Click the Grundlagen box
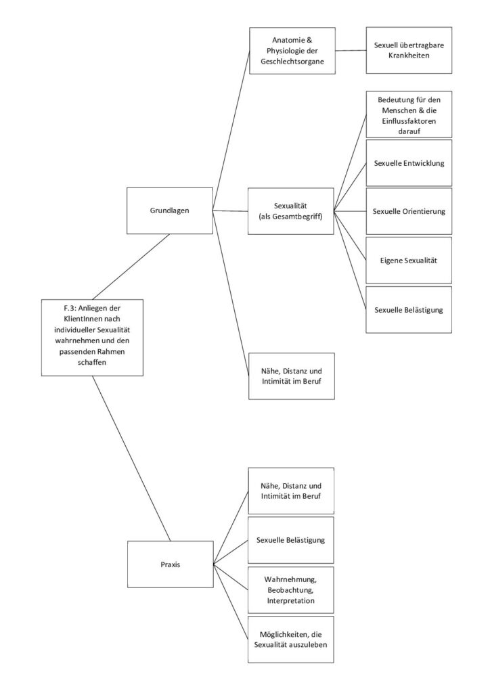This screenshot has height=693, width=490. (170, 210)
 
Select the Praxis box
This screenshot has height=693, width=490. (170, 564)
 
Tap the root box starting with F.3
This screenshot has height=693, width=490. (92, 338)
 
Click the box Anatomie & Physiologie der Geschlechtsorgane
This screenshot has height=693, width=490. (292, 50)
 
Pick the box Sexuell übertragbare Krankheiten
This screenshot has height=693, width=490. (409, 50)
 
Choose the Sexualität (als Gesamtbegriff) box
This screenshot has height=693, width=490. (291, 211)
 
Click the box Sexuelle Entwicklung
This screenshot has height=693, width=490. (409, 163)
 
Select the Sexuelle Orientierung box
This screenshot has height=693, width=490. (409, 211)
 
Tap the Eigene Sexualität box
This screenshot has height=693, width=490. (409, 261)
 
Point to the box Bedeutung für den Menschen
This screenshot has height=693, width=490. (409, 115)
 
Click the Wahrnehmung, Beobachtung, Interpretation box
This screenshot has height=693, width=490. (291, 590)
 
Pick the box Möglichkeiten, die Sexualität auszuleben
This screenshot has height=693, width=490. (291, 640)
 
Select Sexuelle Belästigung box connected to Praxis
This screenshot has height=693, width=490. (291, 540)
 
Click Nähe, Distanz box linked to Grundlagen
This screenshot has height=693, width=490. (292, 376)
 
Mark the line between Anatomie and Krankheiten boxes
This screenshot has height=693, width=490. (351, 50)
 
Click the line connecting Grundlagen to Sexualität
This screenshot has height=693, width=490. (230, 211)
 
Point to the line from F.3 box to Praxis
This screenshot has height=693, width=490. (131, 458)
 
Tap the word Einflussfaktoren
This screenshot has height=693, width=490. (409, 120)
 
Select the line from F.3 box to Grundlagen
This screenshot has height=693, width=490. (131, 267)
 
